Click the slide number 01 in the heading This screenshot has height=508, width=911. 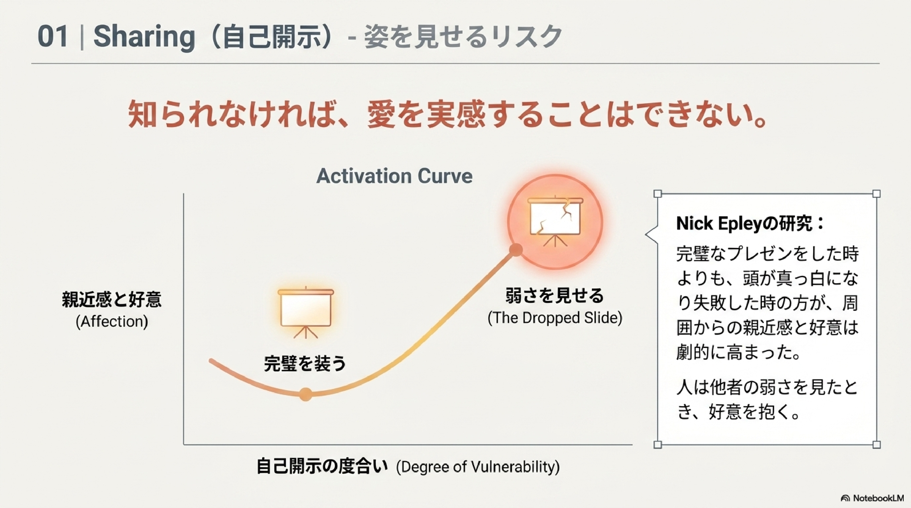pos(53,37)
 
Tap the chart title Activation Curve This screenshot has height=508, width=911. pos(394,176)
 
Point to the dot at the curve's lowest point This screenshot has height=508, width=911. pos(306,394)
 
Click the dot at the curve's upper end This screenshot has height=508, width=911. pos(516,250)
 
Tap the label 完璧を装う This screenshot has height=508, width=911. pos(305,364)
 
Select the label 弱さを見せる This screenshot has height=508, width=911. pos(554,296)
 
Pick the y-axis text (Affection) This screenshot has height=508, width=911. pos(112,322)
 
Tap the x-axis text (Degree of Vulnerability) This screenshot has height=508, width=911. pos(478,467)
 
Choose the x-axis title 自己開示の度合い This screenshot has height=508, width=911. pos(322,466)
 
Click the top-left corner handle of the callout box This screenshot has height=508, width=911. pos(657,194)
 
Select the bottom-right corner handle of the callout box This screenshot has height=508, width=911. pos(876,444)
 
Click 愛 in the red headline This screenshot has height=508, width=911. pos(381,114)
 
